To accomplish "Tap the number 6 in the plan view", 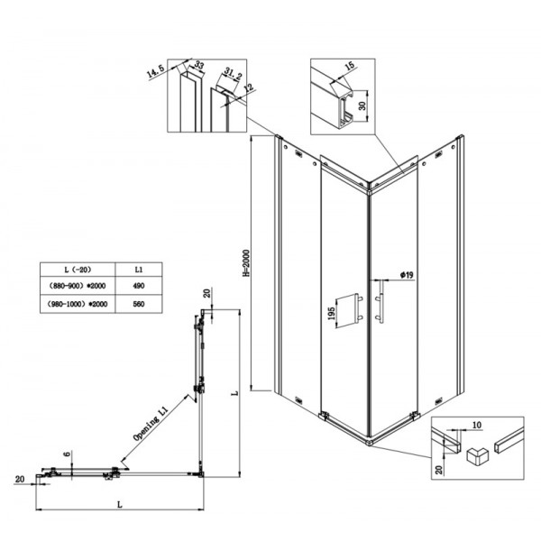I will coord(66,455).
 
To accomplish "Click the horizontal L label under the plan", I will coord(120,507).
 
